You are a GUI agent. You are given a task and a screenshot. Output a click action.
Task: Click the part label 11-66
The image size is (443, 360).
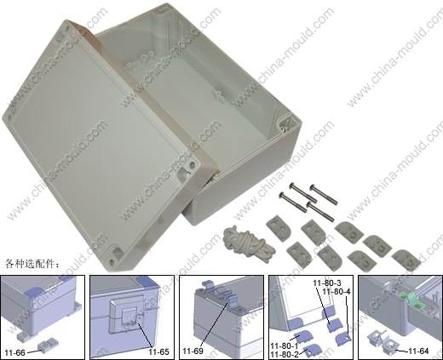[x=15, y=352]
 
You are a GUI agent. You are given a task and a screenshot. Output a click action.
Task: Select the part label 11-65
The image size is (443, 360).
[x=158, y=352]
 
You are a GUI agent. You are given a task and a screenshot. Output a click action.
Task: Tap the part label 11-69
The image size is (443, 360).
[x=193, y=351]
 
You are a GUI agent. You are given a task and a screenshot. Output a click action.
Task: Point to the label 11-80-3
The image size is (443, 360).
[x=327, y=283]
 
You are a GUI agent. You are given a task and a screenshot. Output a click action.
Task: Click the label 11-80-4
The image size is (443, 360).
[x=337, y=291]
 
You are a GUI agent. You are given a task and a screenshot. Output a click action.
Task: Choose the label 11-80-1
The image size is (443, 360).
[x=285, y=346]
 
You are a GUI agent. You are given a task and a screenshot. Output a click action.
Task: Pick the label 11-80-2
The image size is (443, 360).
[x=285, y=354]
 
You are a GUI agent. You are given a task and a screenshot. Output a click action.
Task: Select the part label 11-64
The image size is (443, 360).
[x=418, y=351]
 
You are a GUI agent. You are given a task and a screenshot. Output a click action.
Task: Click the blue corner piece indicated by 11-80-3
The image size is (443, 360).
[x=336, y=325]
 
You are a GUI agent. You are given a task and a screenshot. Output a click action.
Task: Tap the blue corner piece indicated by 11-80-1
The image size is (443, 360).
[x=302, y=337]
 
